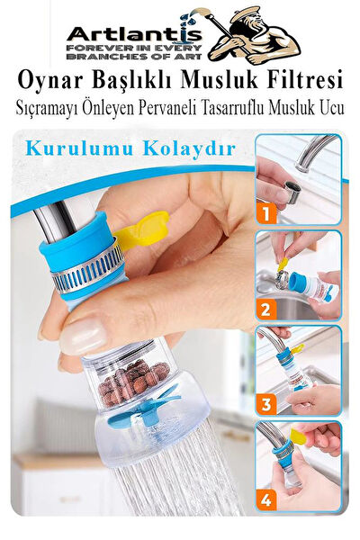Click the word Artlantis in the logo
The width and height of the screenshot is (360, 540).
[134, 34]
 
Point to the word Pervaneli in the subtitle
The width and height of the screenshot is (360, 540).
[167, 108]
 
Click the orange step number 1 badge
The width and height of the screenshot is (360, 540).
[265, 212]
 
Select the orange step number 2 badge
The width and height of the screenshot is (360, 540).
[265, 309]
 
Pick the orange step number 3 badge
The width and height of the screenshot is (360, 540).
[265, 404]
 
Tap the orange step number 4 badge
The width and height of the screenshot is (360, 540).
[265, 499]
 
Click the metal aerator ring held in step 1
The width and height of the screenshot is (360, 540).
[292, 192]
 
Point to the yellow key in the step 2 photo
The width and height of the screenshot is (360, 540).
[283, 265]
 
